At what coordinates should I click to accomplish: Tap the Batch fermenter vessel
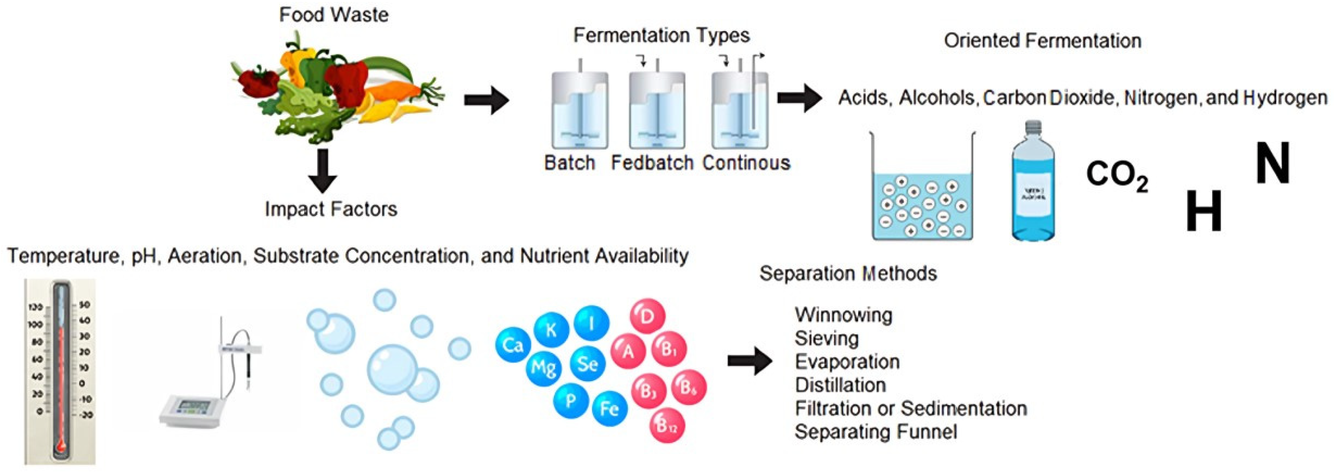[x=580, y=110]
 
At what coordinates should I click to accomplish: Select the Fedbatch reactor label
[x=652, y=163]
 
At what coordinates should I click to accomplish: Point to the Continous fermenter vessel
[x=740, y=110]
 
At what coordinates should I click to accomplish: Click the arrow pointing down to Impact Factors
[x=322, y=171]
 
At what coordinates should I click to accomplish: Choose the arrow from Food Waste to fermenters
[x=486, y=100]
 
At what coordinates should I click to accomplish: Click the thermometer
[x=60, y=371]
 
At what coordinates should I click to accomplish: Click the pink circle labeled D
[x=647, y=316]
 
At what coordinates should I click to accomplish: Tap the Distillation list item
[x=840, y=385]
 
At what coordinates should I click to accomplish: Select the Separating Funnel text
[x=876, y=432]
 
